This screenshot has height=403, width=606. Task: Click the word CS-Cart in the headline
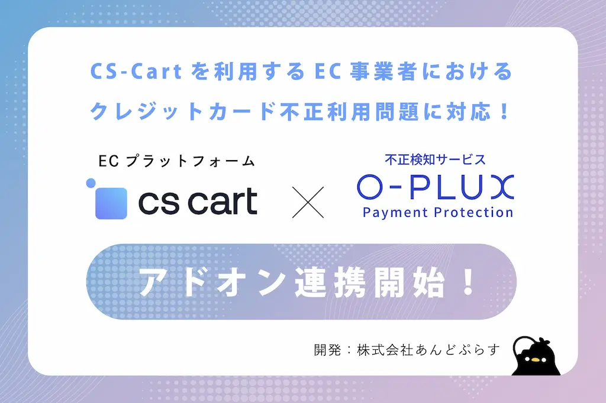coord(136,72)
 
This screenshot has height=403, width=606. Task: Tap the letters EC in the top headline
coord(328,72)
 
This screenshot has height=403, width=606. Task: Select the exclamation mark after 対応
coord(505,112)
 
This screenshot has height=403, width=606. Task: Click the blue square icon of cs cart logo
coord(111,203)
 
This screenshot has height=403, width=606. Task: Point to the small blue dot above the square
coord(91,183)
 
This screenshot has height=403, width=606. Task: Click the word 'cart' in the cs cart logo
coord(223,201)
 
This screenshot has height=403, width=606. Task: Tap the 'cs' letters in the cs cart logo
coord(159,203)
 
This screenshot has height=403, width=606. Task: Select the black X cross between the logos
coord(308,202)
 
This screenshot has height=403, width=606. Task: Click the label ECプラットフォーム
coord(176,161)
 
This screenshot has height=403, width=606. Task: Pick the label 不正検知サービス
coord(435,160)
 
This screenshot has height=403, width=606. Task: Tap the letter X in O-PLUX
coord(502,187)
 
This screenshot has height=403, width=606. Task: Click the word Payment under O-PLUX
coord(395,213)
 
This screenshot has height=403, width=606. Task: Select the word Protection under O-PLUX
coord(473,212)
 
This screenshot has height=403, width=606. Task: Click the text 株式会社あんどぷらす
coord(428,350)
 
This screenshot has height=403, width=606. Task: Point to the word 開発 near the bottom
coord(328,350)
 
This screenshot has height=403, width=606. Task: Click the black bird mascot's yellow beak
coord(535,360)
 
